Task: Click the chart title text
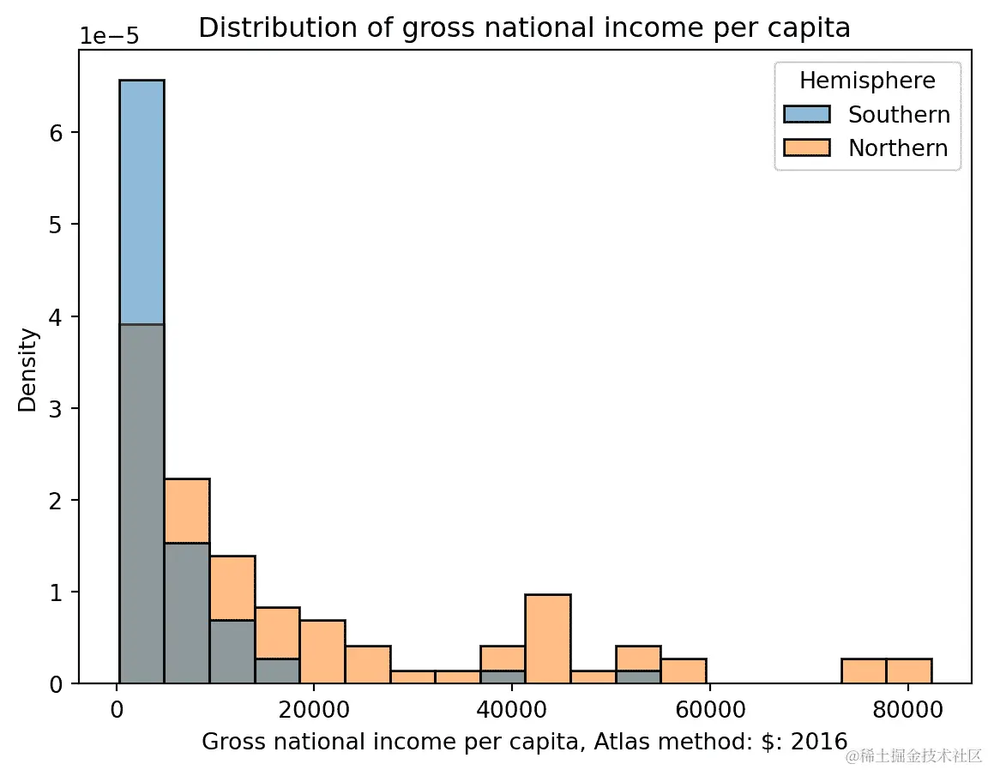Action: pyautogui.click(x=524, y=28)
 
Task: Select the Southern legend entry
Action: pyautogui.click(x=898, y=115)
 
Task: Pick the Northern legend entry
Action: pyautogui.click(x=897, y=148)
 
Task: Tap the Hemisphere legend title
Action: pyautogui.click(x=866, y=81)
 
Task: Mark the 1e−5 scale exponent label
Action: pyautogui.click(x=110, y=37)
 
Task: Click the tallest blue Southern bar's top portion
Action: pyautogui.click(x=142, y=197)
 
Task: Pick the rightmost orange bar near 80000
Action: pyautogui.click(x=908, y=671)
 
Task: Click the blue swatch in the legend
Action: pyautogui.click(x=807, y=115)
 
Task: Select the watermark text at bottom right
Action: pyautogui.click(x=913, y=755)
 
